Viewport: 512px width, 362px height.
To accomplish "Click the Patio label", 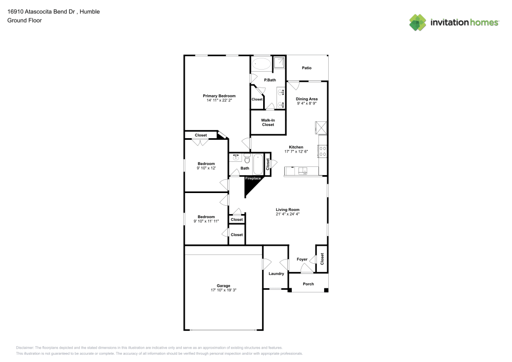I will (x=307, y=68).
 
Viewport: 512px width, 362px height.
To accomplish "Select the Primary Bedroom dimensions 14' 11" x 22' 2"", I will (x=219, y=100).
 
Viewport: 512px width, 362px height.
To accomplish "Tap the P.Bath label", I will (x=270, y=80).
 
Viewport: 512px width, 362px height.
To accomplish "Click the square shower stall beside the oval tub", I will (x=279, y=62).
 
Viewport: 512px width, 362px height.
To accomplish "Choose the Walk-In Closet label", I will (x=268, y=122).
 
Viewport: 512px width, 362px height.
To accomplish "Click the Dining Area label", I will (x=307, y=99).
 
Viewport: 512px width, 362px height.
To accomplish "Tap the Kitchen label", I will (x=296, y=147).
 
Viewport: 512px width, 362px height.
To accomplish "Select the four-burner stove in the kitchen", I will (x=323, y=151).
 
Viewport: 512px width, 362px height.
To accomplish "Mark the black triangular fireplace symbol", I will (x=250, y=185).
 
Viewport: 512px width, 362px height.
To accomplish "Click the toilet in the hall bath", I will (x=247, y=158).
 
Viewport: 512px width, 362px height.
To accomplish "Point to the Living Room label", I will (x=287, y=209).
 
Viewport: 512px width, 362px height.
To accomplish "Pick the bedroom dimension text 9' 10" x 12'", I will (x=206, y=168).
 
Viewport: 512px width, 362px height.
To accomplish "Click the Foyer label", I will (x=302, y=259).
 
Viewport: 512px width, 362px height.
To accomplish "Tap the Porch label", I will (x=308, y=284).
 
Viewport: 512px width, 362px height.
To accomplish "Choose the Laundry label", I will (x=276, y=273).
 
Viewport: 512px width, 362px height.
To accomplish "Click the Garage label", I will (x=223, y=286).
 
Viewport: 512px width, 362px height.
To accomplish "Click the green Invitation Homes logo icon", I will (x=417, y=22).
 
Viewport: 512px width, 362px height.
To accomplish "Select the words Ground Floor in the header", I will (x=25, y=20).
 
